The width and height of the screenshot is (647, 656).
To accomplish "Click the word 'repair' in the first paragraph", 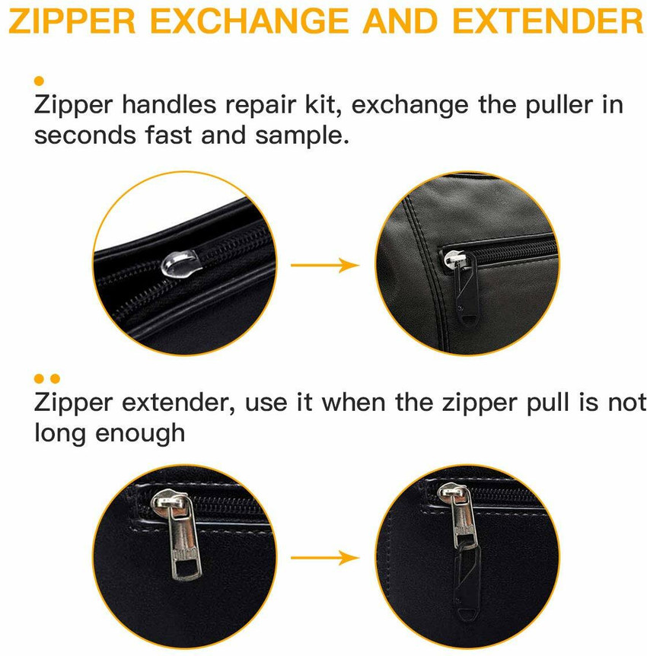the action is click(261, 106).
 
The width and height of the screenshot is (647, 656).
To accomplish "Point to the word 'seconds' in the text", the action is click(85, 135).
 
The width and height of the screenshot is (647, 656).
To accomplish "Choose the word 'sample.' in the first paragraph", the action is click(301, 135).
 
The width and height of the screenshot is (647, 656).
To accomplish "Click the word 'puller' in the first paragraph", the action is click(559, 106).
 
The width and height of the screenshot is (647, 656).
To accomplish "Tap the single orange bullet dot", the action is click(39, 81).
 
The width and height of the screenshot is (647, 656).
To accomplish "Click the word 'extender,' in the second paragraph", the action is click(179, 403).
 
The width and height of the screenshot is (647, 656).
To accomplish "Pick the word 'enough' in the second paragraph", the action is click(140, 434).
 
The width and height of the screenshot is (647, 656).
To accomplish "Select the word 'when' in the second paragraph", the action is click(354, 402).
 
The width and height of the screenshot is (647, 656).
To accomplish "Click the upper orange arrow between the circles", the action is click(325, 266).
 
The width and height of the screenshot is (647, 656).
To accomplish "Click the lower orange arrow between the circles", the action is click(325, 558).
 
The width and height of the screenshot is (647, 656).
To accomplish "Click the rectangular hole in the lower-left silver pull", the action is click(186, 568).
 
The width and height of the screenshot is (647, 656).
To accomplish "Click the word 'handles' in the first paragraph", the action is click(170, 104).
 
